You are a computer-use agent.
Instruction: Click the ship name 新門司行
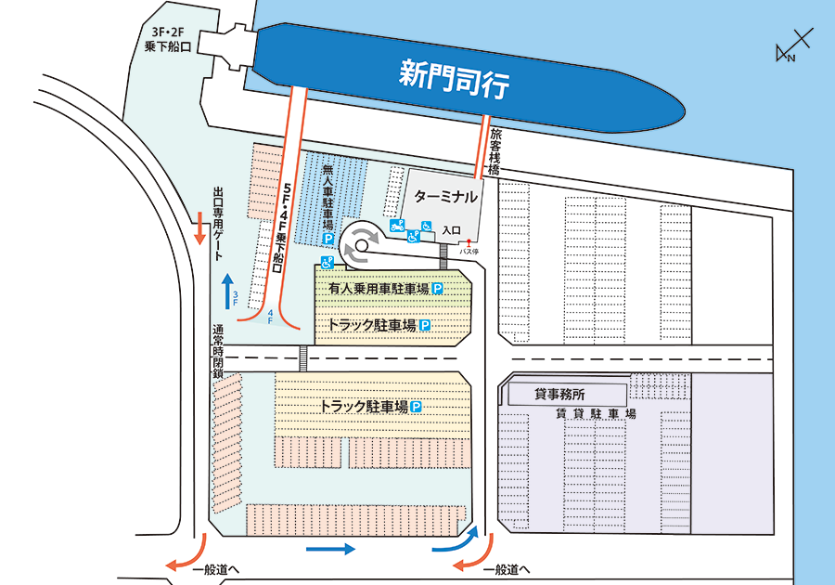click(454, 78)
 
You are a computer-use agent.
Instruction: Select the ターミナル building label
click(446, 198)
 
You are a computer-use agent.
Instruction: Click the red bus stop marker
click(469, 242)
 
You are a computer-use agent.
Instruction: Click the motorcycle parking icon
click(397, 225)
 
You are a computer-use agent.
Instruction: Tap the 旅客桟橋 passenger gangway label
click(495, 152)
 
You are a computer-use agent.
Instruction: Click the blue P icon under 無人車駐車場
click(326, 240)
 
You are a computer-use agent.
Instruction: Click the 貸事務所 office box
click(554, 394)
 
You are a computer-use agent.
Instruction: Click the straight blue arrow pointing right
click(330, 550)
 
